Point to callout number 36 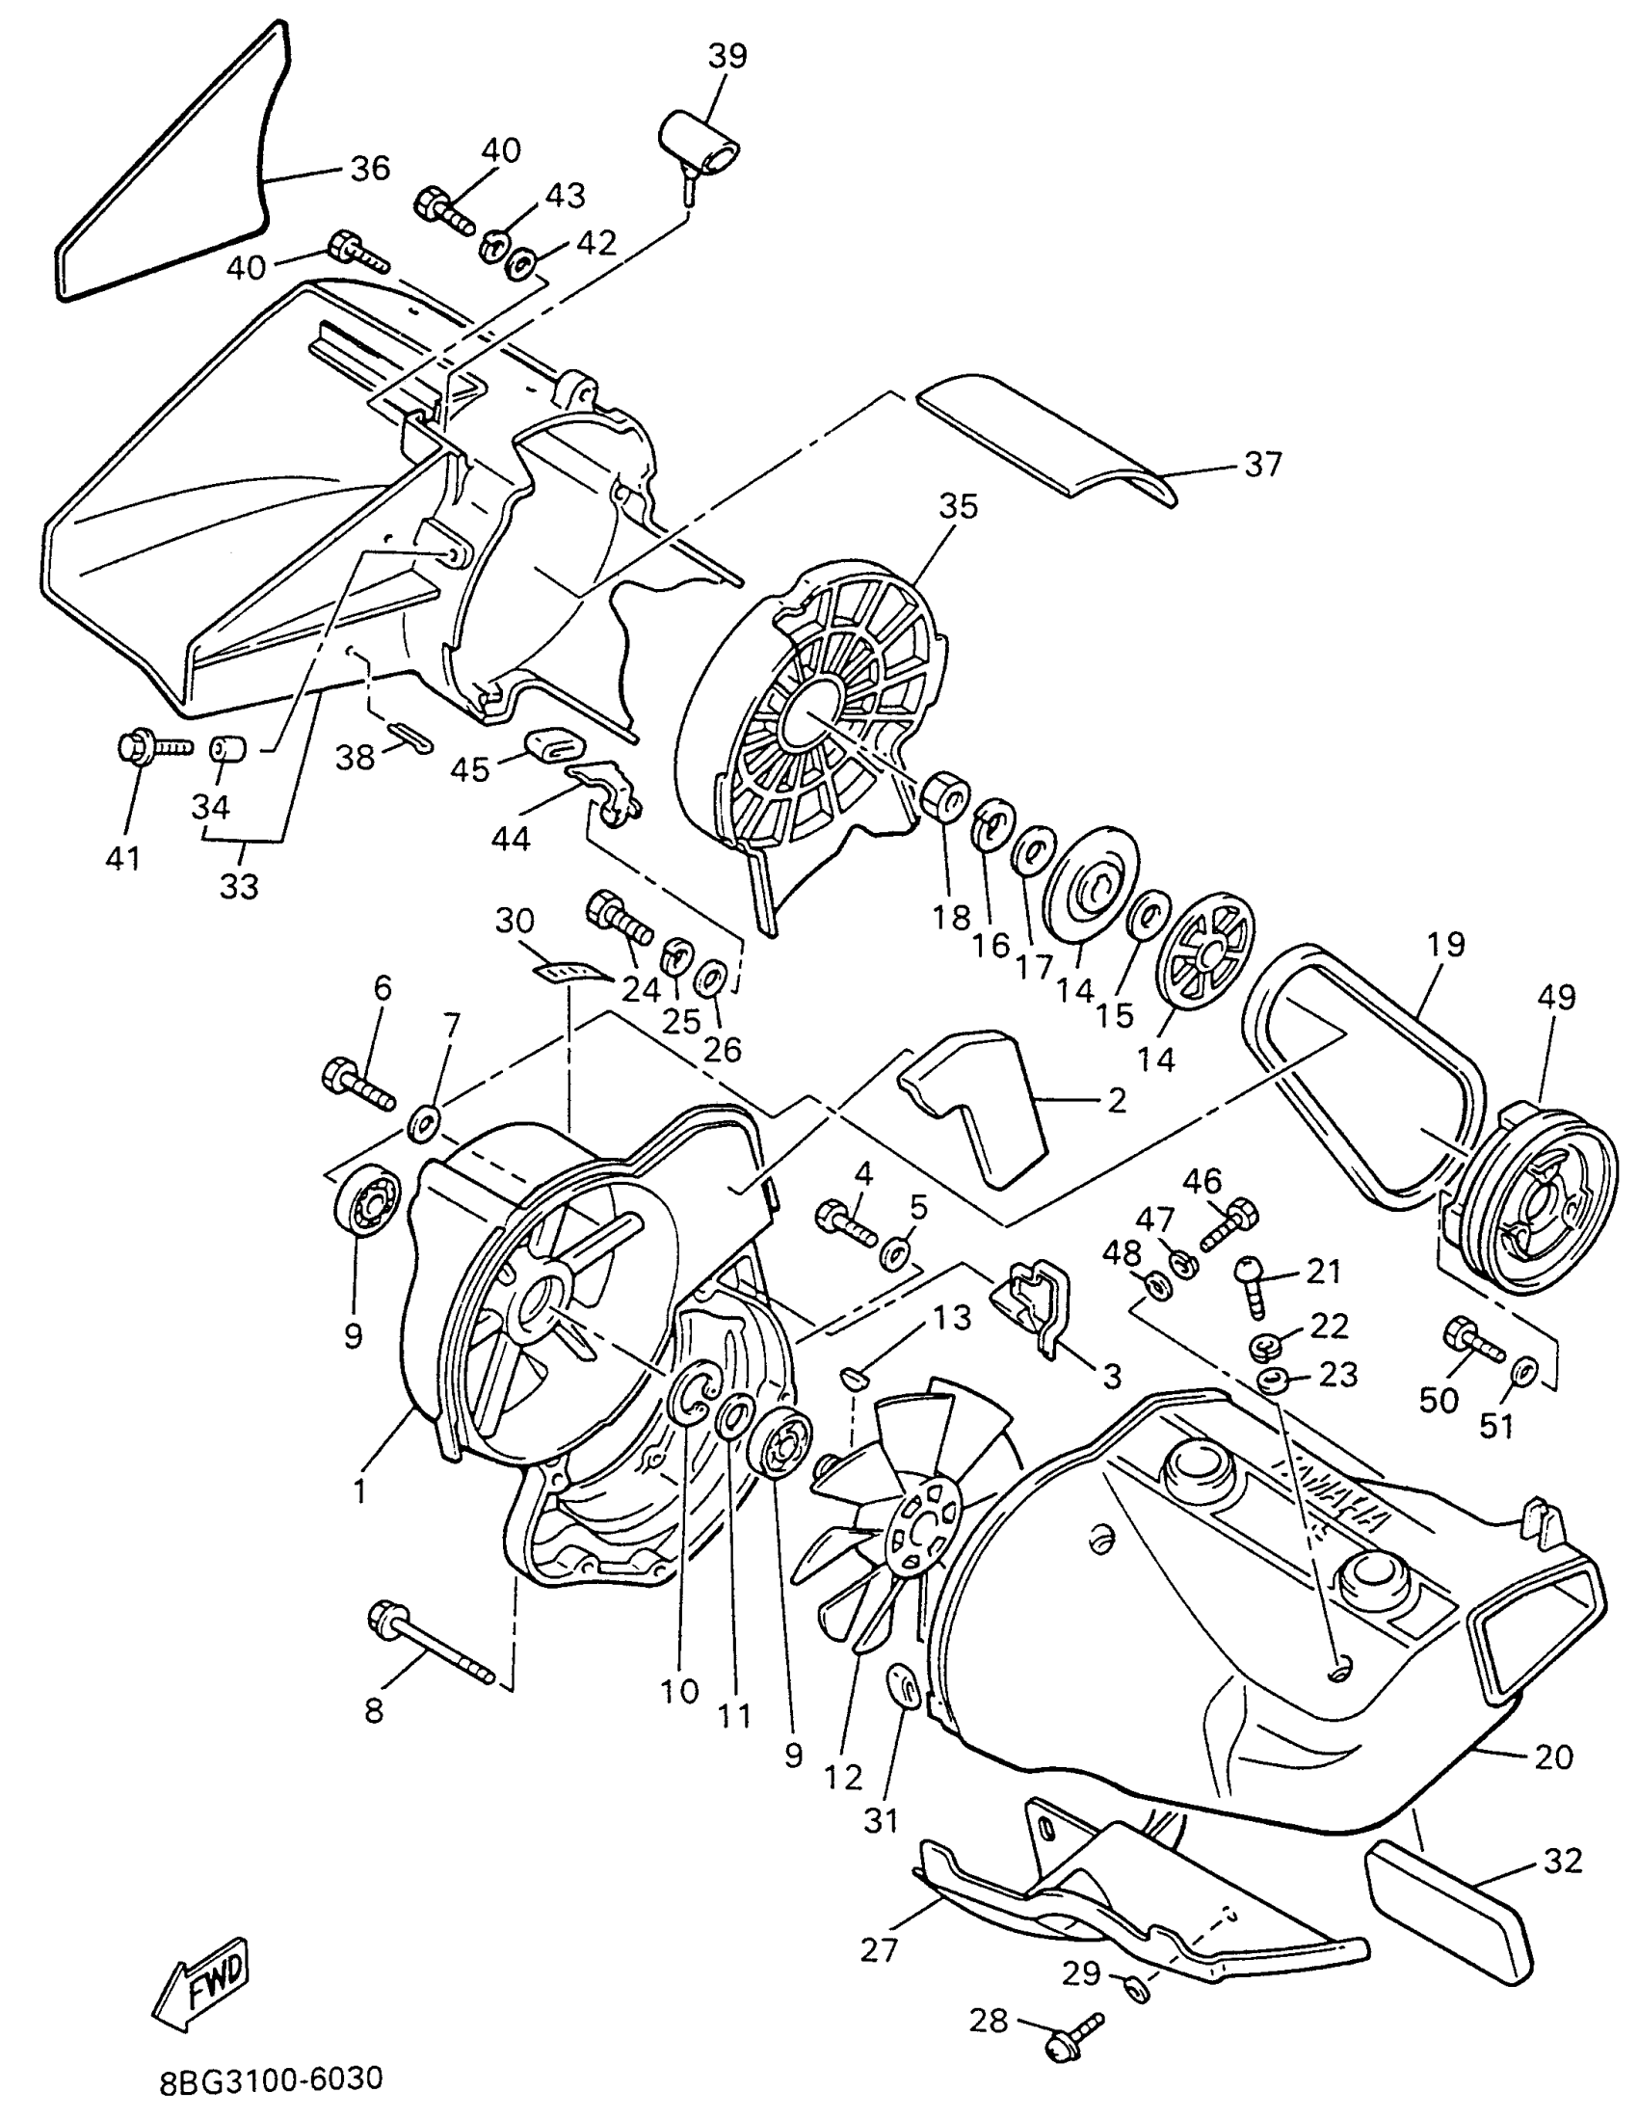tap(369, 168)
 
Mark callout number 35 tap(958, 505)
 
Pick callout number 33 tap(239, 885)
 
